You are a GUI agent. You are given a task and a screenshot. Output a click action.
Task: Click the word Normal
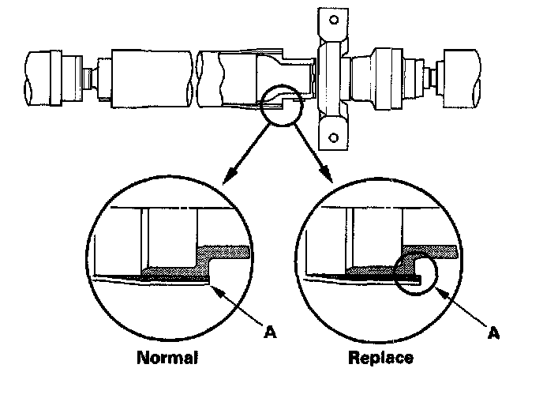tap(167, 358)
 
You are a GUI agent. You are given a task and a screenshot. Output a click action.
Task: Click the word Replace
tap(380, 358)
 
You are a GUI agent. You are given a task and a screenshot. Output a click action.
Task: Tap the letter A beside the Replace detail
tap(494, 332)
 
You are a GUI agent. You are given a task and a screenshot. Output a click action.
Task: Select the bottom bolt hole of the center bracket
tap(332, 140)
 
